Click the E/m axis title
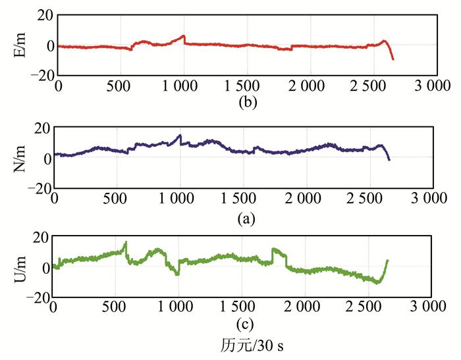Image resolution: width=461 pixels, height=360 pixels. coord(19,45)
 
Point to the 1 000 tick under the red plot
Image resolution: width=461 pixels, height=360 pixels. coord(184,86)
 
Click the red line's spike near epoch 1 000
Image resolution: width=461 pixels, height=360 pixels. coord(184,36)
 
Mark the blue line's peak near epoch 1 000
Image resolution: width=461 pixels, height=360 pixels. coord(180,136)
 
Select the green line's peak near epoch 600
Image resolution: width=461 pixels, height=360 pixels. coord(126,243)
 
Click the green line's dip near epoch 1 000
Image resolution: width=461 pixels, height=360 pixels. coord(177,274)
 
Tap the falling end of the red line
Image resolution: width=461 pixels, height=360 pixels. coord(393,59)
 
